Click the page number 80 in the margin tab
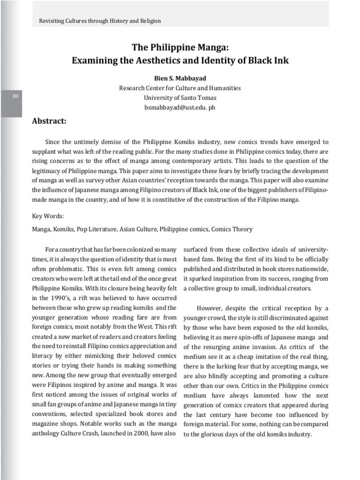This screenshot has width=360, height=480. [x=15, y=96]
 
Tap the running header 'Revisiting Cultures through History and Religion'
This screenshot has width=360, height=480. [x=99, y=21]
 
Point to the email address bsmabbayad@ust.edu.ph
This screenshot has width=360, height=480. [x=180, y=107]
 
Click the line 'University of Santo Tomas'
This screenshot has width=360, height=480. [x=180, y=97]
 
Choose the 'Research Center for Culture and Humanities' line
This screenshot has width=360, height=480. [x=180, y=88]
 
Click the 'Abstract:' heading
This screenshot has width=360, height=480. [x=49, y=121]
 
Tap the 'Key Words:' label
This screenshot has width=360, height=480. [x=48, y=216]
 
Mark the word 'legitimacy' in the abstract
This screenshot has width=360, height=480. [x=47, y=171]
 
